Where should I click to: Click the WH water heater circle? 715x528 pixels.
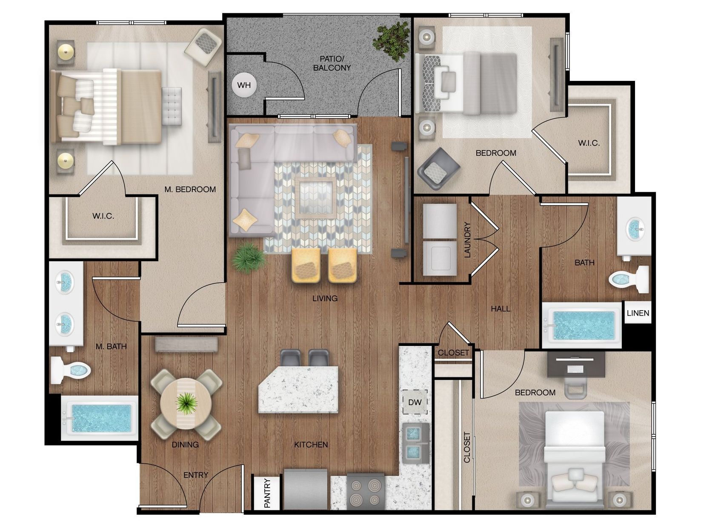(244, 85)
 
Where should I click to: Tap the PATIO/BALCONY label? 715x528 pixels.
(332, 63)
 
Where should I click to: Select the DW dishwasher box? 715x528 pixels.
(415, 402)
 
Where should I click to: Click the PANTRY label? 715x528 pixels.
(267, 493)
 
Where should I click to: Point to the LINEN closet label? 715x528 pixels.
(638, 313)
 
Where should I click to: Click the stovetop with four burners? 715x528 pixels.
(366, 491)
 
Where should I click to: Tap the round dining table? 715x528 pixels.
(186, 403)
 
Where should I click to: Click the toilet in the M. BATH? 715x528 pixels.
(71, 370)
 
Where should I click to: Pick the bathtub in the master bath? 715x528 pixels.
(100, 418)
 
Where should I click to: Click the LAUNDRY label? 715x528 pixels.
(467, 240)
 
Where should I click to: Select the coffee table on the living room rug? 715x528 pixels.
(315, 197)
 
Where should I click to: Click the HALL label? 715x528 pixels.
(500, 309)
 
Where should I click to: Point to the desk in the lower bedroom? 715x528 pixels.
(576, 364)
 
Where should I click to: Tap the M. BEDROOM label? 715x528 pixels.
(190, 189)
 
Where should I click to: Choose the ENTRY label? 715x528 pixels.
(196, 475)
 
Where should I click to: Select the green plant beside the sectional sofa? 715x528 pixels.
(249, 258)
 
